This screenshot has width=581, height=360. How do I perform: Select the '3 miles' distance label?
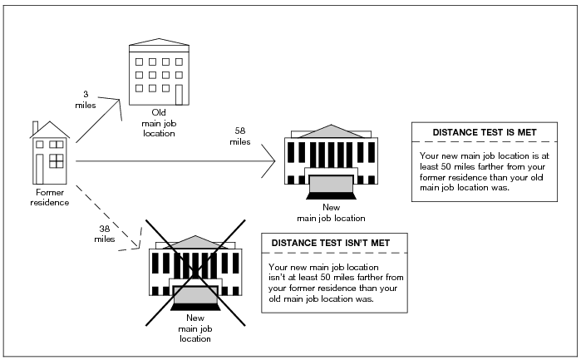(86, 100)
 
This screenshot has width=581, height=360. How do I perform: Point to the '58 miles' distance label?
(239, 136)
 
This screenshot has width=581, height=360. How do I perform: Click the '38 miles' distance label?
(104, 234)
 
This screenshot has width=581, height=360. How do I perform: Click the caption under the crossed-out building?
(194, 328)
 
